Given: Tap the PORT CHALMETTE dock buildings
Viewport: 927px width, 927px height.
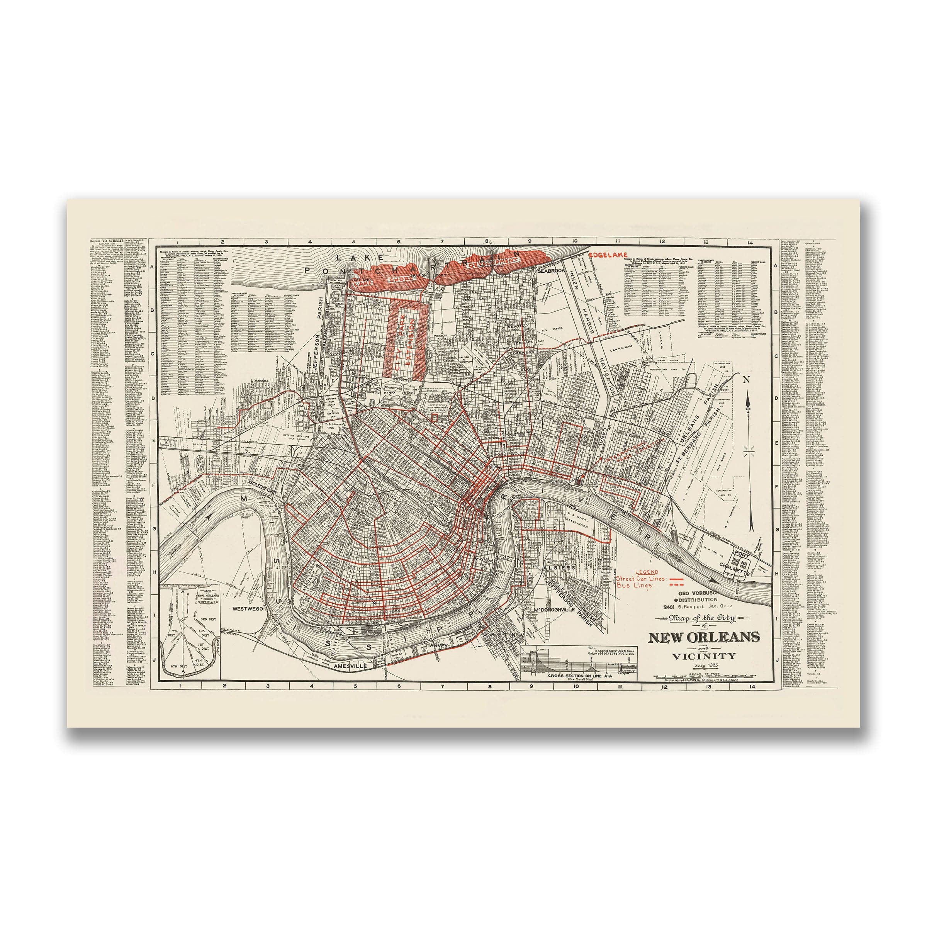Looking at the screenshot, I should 742,559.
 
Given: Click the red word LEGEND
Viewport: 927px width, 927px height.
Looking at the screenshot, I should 646,572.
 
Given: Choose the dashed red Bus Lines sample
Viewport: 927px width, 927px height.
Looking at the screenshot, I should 677,586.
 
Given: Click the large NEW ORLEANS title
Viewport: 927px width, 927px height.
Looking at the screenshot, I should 704,637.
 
